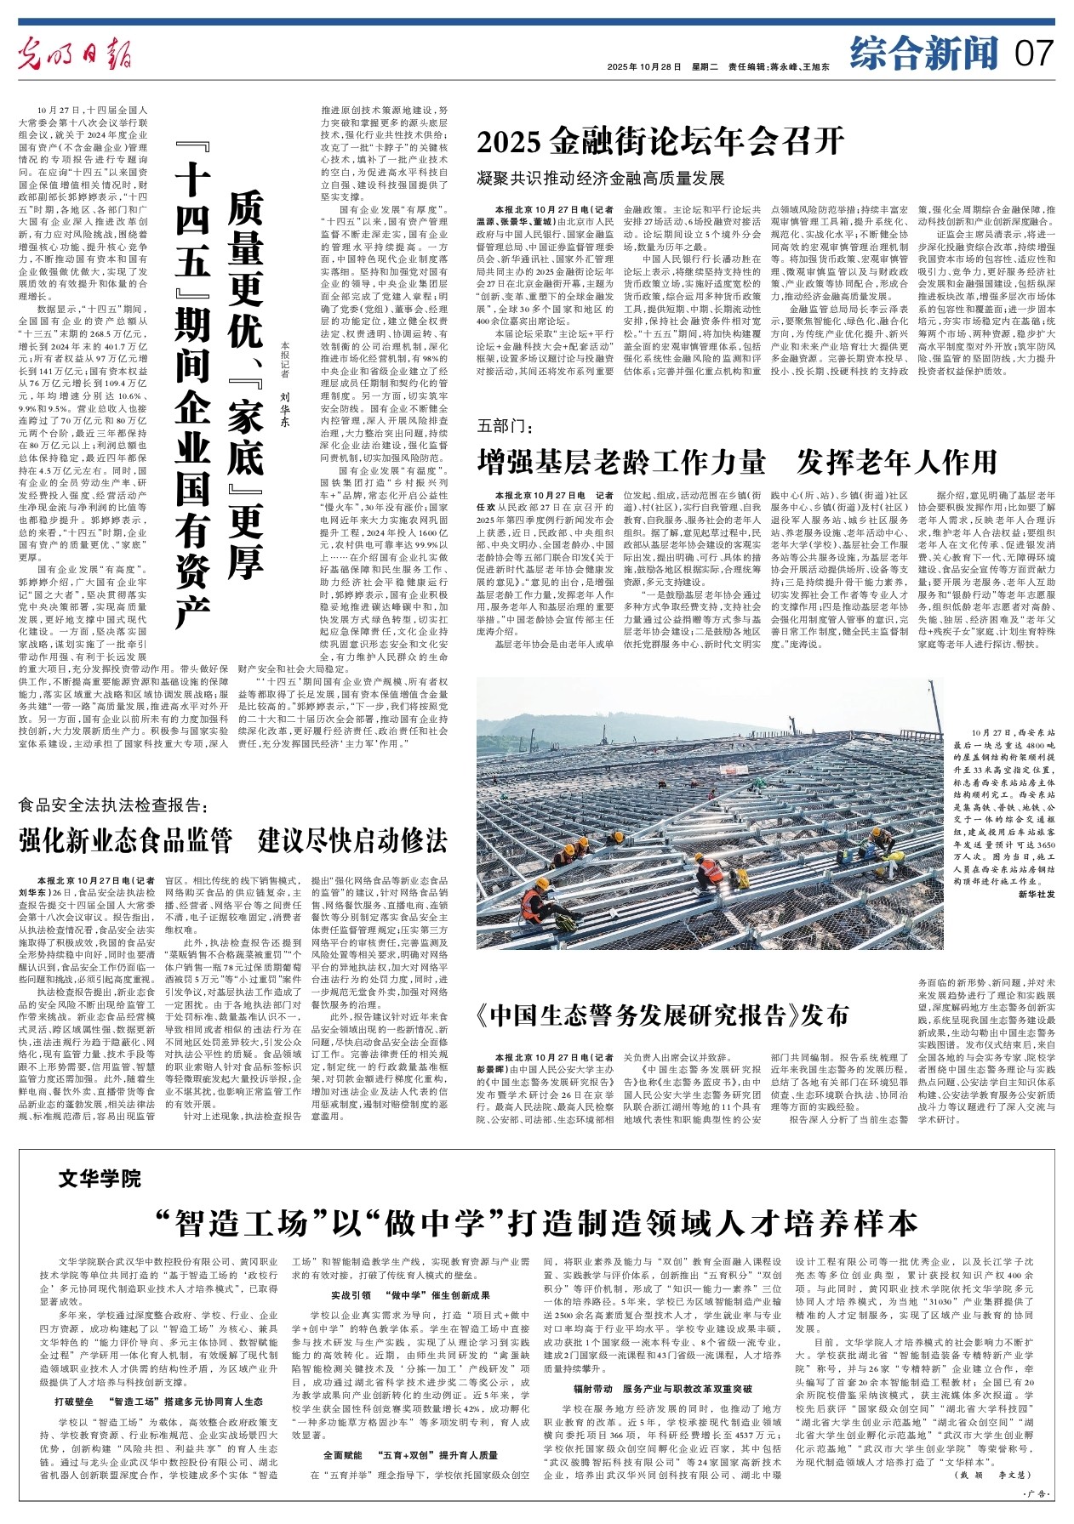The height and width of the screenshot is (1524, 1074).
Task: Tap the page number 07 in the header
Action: [x=1034, y=55]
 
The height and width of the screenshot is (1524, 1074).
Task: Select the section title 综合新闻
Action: [x=923, y=55]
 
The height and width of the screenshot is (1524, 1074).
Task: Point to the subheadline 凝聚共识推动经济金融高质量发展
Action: [x=600, y=179]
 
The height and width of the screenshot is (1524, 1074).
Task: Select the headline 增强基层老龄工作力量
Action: [x=621, y=462]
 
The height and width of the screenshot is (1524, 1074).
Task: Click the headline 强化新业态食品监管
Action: [x=126, y=840]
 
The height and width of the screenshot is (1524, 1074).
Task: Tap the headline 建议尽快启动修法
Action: [x=352, y=840]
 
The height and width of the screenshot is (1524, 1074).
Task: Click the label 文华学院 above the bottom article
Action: [x=100, y=1179]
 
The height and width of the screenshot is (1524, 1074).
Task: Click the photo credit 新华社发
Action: [x=1037, y=894]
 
